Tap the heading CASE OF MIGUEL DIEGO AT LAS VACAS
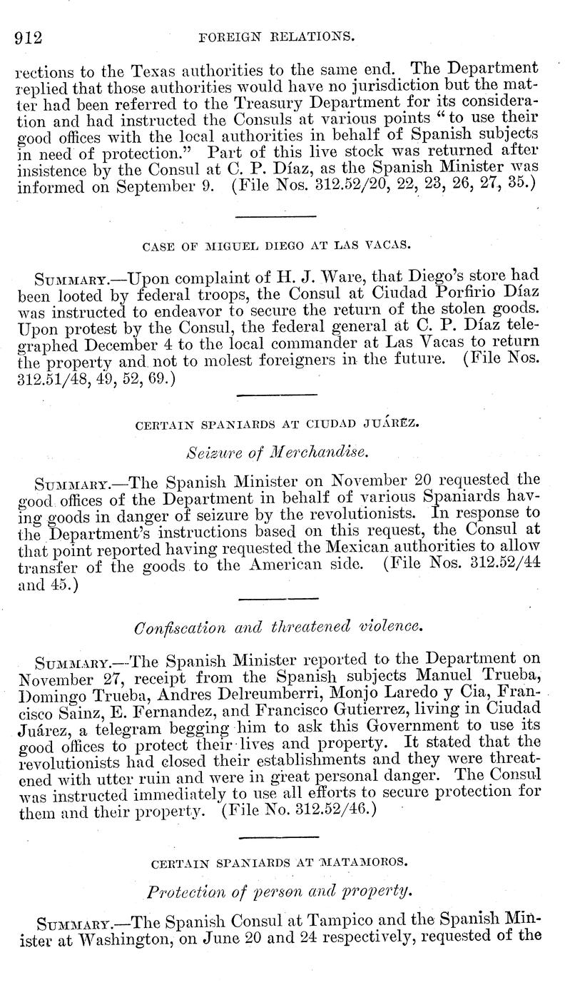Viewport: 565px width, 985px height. click(275, 244)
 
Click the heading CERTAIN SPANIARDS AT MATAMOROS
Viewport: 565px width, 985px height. click(280, 862)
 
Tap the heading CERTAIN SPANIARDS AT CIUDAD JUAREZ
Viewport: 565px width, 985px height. click(277, 424)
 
